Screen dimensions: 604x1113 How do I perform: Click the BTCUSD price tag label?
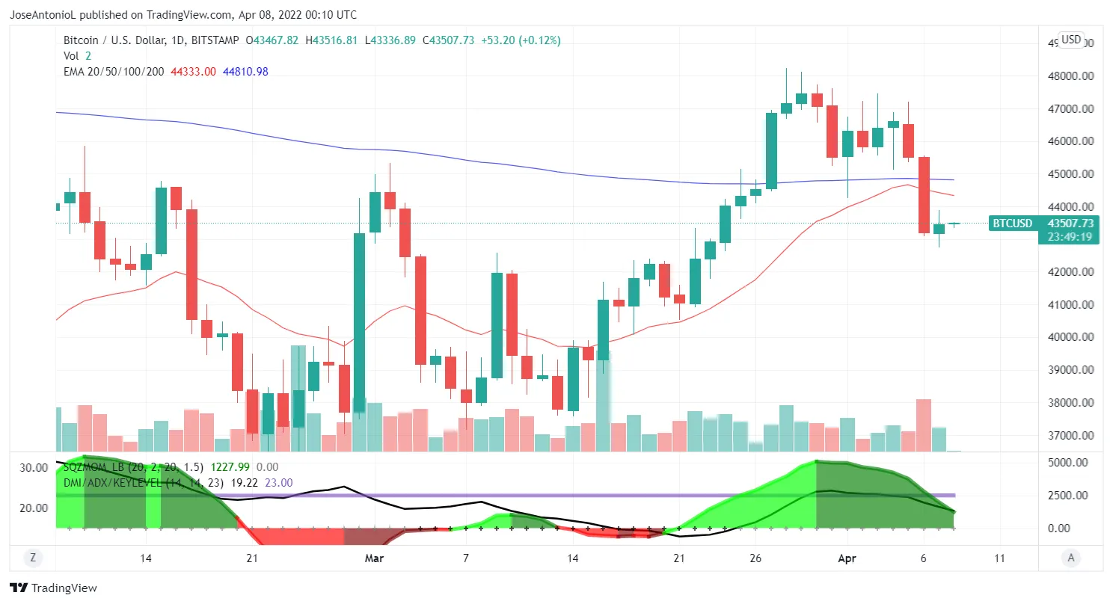[x=1012, y=223]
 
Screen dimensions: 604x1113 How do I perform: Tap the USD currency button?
[x=1071, y=40]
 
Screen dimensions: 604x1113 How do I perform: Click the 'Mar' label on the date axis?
[x=374, y=558]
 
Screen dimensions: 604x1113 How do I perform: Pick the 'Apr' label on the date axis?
[x=847, y=558]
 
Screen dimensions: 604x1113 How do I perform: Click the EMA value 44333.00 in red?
[x=194, y=72]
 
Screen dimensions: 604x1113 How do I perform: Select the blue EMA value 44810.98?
[x=245, y=72]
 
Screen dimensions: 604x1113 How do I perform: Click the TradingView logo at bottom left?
[x=53, y=588]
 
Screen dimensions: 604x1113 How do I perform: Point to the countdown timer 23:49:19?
[x=1070, y=237]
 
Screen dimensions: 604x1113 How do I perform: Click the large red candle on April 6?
[x=924, y=194]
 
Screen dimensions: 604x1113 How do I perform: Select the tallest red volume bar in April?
[x=924, y=425]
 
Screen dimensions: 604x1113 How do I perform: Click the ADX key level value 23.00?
[x=278, y=483]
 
